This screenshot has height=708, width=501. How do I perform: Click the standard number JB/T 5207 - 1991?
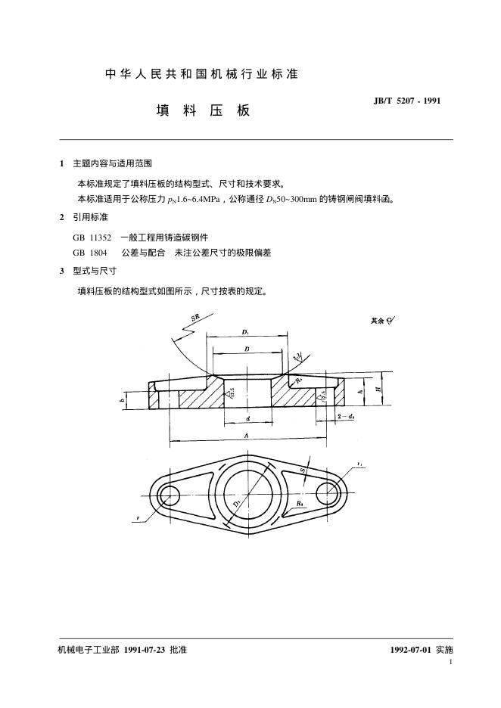coord(406,101)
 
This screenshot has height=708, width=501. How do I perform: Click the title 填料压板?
coord(203,110)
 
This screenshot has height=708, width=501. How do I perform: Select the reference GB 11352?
coord(92,237)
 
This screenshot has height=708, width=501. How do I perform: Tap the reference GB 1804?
coord(90,253)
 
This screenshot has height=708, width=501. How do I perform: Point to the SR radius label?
coord(195,319)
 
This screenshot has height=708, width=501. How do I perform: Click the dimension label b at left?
coord(122,401)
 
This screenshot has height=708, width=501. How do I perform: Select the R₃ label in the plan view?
coord(300,503)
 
